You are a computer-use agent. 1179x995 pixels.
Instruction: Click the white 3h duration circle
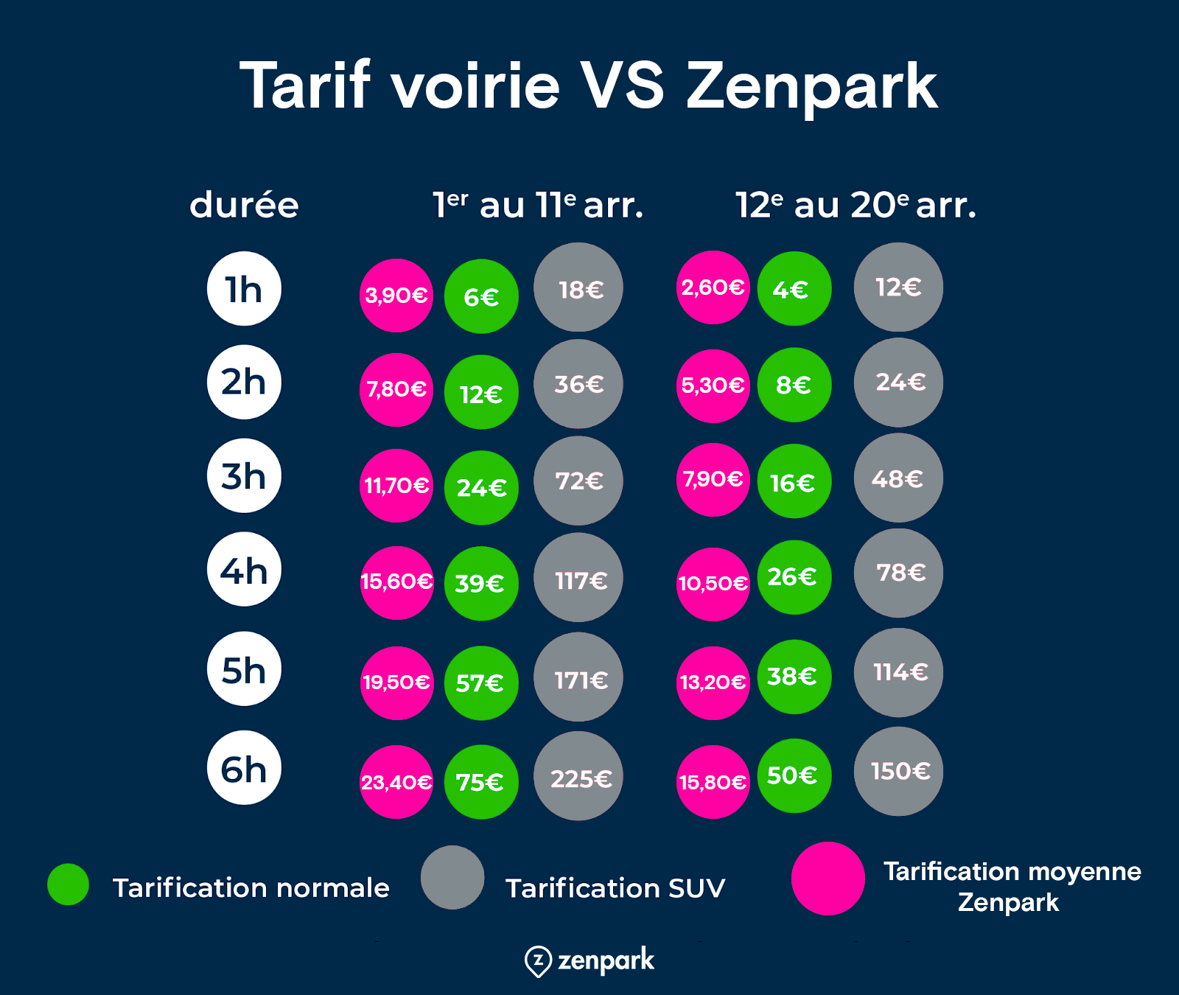click(x=244, y=475)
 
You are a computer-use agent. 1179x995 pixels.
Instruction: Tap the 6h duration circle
click(x=244, y=767)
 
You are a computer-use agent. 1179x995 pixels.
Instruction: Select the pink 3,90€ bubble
click(x=396, y=296)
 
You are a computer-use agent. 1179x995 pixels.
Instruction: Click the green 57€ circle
click(x=481, y=683)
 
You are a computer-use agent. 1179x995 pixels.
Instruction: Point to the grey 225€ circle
click(x=578, y=776)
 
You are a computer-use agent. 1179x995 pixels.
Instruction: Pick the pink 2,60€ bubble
click(x=713, y=287)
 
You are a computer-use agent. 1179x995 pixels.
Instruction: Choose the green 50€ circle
click(x=794, y=776)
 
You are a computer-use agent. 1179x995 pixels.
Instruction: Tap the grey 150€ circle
click(x=898, y=772)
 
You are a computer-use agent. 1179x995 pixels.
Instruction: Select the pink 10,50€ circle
click(x=713, y=584)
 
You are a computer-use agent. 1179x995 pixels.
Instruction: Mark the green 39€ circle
click(x=481, y=584)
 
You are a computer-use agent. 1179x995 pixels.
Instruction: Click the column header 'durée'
click(x=244, y=205)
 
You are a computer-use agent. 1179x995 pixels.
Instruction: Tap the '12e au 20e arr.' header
click(x=856, y=205)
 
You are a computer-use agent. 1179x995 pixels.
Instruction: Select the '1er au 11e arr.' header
click(x=538, y=205)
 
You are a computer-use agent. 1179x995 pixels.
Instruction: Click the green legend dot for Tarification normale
click(x=68, y=884)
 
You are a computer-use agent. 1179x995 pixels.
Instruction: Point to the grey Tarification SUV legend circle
click(x=452, y=877)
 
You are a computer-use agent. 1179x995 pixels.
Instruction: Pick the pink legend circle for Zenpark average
click(x=828, y=879)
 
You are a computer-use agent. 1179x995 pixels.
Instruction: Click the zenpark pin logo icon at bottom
click(x=538, y=961)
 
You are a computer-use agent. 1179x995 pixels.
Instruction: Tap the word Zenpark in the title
click(x=811, y=87)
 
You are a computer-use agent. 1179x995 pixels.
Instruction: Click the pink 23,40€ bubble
click(x=396, y=782)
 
